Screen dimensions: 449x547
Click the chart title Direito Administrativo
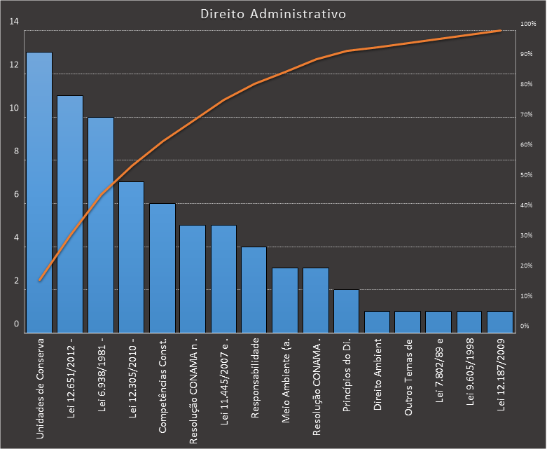pyautogui.click(x=272, y=14)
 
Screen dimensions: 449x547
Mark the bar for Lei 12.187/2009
pyautogui.click(x=500, y=322)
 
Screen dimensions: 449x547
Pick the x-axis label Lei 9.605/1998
pyautogui.click(x=470, y=377)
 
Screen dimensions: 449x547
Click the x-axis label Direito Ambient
pyautogui.click(x=378, y=377)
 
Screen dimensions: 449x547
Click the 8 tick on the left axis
pyautogui.click(x=15, y=151)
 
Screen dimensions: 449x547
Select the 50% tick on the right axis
pyautogui.click(x=527, y=175)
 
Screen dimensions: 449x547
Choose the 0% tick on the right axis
pyautogui.click(x=525, y=326)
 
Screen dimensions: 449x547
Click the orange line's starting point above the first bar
pyautogui.click(x=40, y=279)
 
